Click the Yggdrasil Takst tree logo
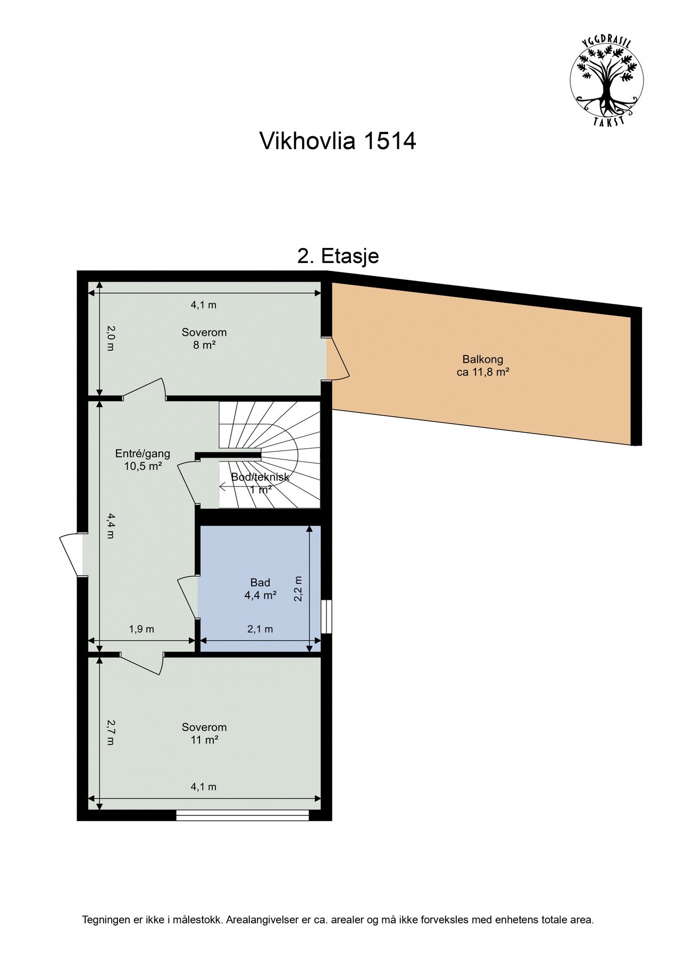[606, 80]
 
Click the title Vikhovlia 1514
[337, 142]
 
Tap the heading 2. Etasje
[338, 256]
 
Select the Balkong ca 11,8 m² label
[482, 366]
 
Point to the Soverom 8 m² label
[204, 338]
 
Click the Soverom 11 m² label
[204, 733]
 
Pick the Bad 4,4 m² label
[260, 589]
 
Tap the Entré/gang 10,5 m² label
[143, 460]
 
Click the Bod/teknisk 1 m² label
[260, 483]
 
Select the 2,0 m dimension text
[110, 339]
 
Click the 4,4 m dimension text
[110, 525]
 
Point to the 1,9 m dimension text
[141, 629]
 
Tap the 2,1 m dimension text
[260, 629]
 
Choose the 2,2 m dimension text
[298, 589]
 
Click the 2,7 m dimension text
[110, 732]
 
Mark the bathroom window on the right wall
[327, 617]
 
